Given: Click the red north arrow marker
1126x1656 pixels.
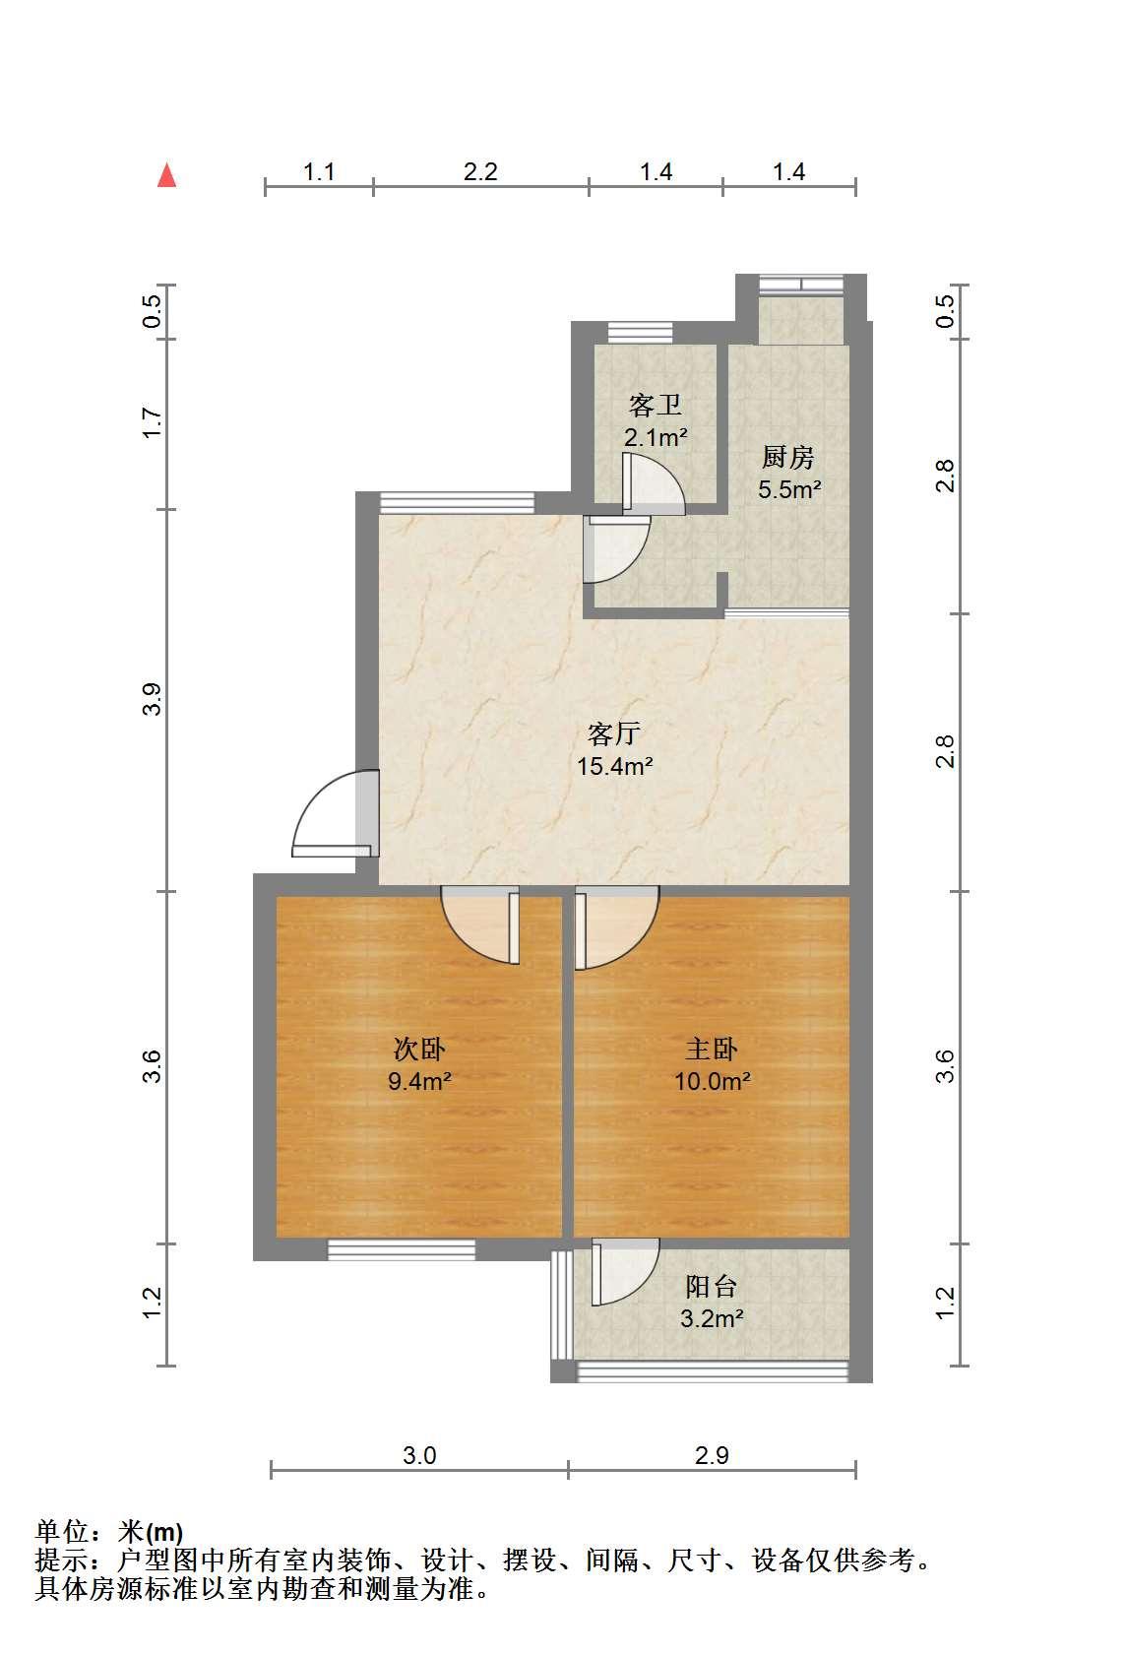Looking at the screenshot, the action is [167, 175].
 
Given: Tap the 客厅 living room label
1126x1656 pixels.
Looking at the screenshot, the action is [613, 734].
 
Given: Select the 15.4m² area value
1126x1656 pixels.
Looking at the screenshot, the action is [615, 766].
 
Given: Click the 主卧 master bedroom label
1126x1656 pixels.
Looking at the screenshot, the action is [712, 1050].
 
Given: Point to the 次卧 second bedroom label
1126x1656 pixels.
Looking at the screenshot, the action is [419, 1050].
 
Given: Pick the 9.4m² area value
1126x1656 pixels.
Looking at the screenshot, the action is [419, 1081].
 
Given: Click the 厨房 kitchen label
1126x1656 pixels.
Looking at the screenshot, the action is [788, 458].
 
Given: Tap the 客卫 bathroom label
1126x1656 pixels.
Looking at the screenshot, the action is [656, 405].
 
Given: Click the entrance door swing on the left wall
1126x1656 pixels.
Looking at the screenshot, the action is [337, 813].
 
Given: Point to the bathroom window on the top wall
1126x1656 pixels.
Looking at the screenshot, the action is [640, 333].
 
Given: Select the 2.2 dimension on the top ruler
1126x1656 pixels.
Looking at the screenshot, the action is [480, 171].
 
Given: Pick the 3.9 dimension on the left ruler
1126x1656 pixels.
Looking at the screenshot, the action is [152, 699].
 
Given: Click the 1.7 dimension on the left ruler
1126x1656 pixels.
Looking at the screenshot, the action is [152, 423].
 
